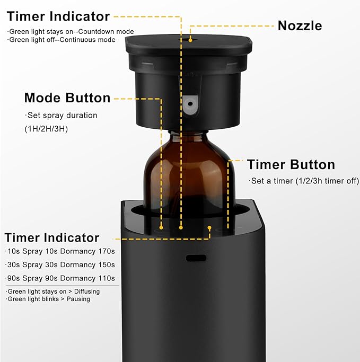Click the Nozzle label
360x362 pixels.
[300, 25]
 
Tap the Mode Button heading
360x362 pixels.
[67, 98]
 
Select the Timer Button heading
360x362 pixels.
[291, 165]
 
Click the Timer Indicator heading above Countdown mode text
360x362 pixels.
[58, 16]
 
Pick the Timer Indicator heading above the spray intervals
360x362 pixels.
[52, 237]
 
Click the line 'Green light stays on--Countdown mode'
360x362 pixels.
[71, 32]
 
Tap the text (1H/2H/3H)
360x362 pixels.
[46, 129]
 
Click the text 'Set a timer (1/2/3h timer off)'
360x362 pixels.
[304, 181]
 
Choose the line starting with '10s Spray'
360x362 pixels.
[60, 251]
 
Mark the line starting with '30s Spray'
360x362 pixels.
[60, 264]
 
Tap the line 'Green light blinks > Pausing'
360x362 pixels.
[49, 299]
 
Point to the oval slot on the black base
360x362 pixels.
[195, 258]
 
